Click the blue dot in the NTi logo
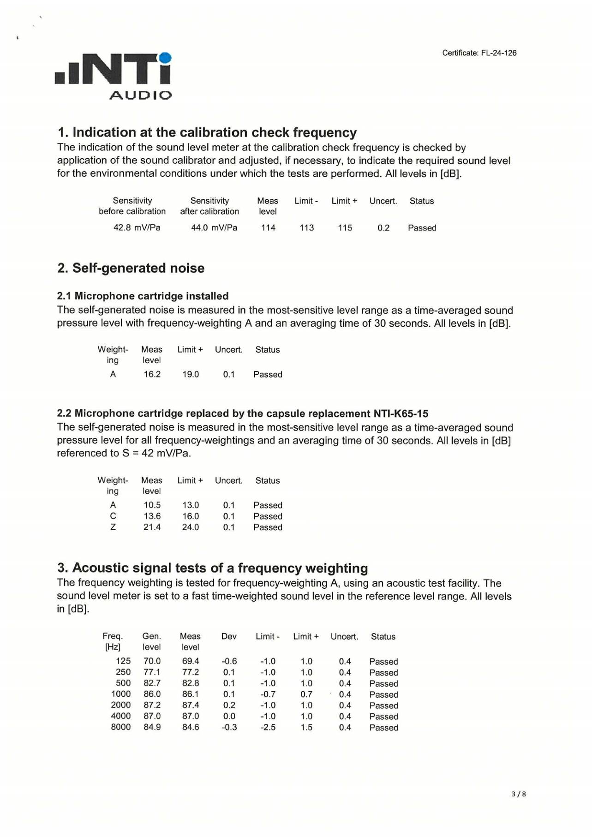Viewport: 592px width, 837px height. coord(166,58)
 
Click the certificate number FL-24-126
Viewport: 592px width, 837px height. coord(498,53)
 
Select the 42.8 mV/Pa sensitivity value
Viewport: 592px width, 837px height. coord(137,227)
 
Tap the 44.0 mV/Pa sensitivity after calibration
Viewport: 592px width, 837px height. coord(214,227)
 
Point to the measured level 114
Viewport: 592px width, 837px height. coord(268,227)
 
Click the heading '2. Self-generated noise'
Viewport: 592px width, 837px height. coord(131,268)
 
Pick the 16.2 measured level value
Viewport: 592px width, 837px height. coord(152,374)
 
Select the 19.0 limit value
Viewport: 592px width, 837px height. coord(191,374)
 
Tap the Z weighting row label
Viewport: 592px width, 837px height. coord(113,527)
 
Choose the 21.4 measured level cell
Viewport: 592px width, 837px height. coord(152,527)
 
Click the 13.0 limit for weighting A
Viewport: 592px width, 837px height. coord(191,505)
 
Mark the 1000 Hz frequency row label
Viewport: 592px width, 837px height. coord(121,694)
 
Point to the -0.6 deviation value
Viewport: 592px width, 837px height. coord(229,661)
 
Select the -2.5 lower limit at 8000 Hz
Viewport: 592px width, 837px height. coord(268,727)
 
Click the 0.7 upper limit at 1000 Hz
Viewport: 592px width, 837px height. coord(306,694)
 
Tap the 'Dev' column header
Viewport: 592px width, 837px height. coord(229,636)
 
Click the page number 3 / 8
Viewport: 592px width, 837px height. coord(519,794)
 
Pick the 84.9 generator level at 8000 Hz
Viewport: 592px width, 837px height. coord(152,727)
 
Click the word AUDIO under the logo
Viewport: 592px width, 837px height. coord(140,95)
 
